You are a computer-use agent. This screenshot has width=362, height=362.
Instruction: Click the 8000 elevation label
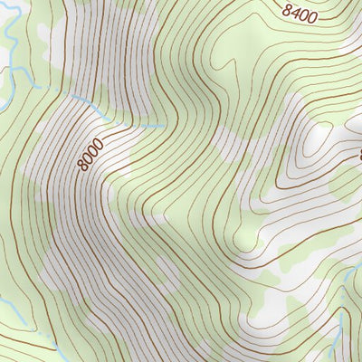[x=90, y=154]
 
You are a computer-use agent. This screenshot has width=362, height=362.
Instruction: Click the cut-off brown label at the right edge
[x=358, y=154]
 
